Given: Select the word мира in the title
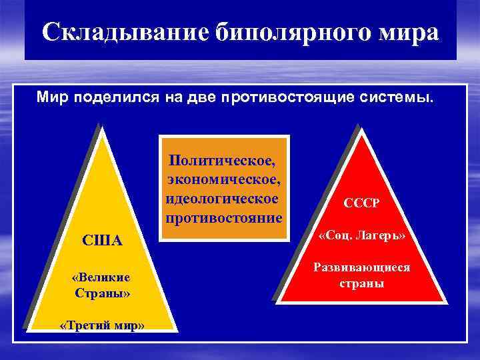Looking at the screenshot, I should pos(406,31).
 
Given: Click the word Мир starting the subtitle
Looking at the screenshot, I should pos(49,99).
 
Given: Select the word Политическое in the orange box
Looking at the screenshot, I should pos(223,160).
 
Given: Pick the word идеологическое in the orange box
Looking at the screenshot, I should pos(221,199).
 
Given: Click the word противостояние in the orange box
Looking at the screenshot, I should pos(225,218).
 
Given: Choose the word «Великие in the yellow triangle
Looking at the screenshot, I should pos(101,277).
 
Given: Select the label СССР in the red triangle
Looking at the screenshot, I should pos(361,202).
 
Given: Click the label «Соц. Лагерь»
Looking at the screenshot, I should pos(362,237).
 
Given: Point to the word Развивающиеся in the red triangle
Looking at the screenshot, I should pos(361,268).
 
